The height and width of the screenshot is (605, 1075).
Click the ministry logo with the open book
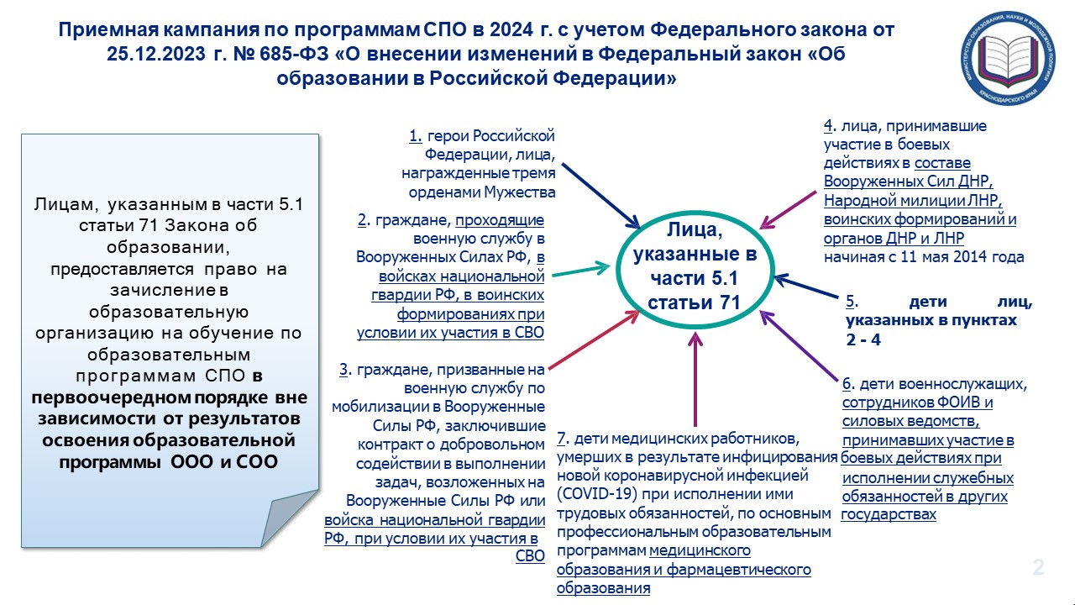1008,59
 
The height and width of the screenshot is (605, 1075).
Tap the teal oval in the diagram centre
617,270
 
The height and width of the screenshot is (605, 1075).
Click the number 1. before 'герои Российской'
416,136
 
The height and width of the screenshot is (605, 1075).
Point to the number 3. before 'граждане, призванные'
345,369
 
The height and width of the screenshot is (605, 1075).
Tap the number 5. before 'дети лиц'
852,302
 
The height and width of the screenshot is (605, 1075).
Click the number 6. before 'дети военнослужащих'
848,384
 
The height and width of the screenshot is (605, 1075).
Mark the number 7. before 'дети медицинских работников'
563,439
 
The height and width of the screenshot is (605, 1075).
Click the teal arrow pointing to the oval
580,271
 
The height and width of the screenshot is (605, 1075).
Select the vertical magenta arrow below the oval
695,379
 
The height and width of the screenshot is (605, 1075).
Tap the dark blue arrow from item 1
600,196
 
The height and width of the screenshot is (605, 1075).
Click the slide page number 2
1039,567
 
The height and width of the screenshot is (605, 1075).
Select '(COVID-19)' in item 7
597,494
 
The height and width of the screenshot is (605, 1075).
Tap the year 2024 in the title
511,29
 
